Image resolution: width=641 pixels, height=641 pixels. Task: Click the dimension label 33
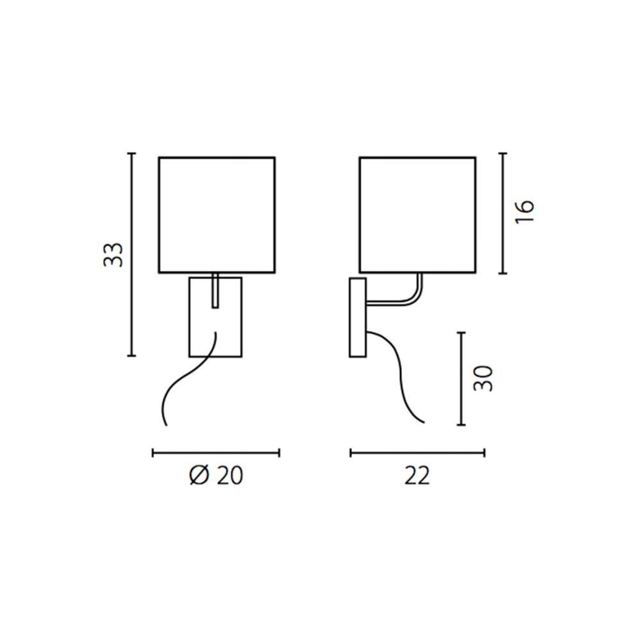113,255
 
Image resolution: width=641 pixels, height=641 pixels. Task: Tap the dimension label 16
524,212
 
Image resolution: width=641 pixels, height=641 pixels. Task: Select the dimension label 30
483,379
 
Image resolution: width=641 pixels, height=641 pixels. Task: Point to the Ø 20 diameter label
216,476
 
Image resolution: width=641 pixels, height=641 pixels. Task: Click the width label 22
417,476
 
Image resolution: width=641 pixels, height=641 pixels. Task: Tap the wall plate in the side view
358,318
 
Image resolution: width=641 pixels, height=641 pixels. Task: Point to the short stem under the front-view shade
215,290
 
